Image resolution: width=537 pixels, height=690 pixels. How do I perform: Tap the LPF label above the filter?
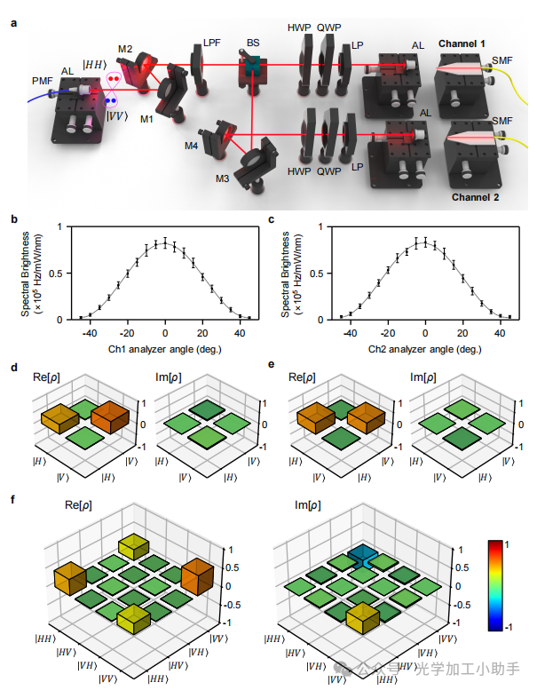tap(212, 42)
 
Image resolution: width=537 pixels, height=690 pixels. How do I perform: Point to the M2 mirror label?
tap(124, 49)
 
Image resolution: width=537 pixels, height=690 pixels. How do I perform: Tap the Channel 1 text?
tap(463, 44)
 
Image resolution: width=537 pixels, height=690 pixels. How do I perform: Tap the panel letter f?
tap(12, 501)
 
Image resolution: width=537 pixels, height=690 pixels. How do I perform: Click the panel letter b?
tap(12, 218)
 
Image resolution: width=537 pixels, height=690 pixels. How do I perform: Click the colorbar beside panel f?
tap(496, 583)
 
